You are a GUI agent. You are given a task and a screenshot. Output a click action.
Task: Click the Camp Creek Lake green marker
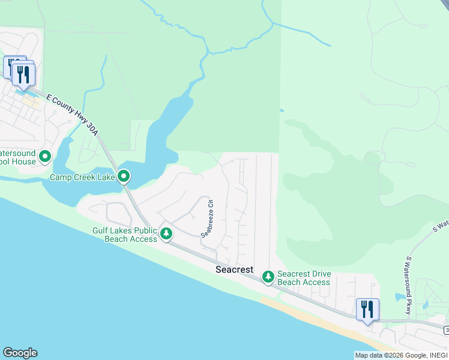124,176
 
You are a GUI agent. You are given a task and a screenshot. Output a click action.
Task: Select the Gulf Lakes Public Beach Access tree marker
167,233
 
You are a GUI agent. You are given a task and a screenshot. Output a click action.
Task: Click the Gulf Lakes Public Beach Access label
125,235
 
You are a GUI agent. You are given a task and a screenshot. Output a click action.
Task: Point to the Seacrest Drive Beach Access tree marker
268,277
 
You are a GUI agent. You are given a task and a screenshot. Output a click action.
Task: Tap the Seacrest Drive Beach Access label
304,278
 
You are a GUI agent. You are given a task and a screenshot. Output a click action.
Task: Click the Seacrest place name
234,270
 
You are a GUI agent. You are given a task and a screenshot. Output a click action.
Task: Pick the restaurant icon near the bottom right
367,310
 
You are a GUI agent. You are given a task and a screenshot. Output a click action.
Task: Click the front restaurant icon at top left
23,75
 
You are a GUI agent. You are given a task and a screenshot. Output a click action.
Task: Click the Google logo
20,353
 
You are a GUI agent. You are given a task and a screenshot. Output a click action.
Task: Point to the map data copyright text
400,355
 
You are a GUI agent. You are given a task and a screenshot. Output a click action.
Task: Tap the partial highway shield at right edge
446,331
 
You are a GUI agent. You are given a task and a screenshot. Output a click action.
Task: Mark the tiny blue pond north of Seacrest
282,110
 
